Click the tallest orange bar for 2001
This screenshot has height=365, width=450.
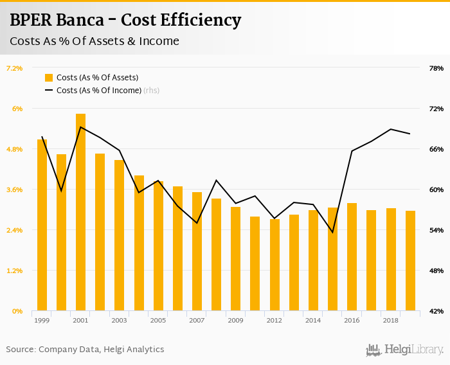click(x=80, y=212)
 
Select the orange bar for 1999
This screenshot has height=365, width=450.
click(x=42, y=225)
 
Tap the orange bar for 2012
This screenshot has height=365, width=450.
click(x=274, y=265)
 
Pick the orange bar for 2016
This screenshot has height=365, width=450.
click(x=352, y=257)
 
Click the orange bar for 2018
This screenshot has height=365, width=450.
click(x=391, y=260)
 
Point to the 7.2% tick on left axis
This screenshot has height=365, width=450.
click(x=14, y=68)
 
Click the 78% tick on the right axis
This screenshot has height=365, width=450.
click(x=436, y=68)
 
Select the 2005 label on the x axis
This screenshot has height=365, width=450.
click(x=157, y=320)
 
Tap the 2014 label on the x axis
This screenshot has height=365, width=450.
click(x=313, y=320)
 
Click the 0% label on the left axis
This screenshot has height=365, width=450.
click(x=18, y=311)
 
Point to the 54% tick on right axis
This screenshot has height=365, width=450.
click(x=436, y=230)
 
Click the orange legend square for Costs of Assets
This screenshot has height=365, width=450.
click(x=49, y=78)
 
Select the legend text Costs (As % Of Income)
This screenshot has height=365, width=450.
click(x=99, y=91)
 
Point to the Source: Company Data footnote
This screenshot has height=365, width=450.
click(x=85, y=350)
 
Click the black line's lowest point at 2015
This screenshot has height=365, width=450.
click(x=332, y=232)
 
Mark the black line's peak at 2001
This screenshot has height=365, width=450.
click(x=80, y=127)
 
